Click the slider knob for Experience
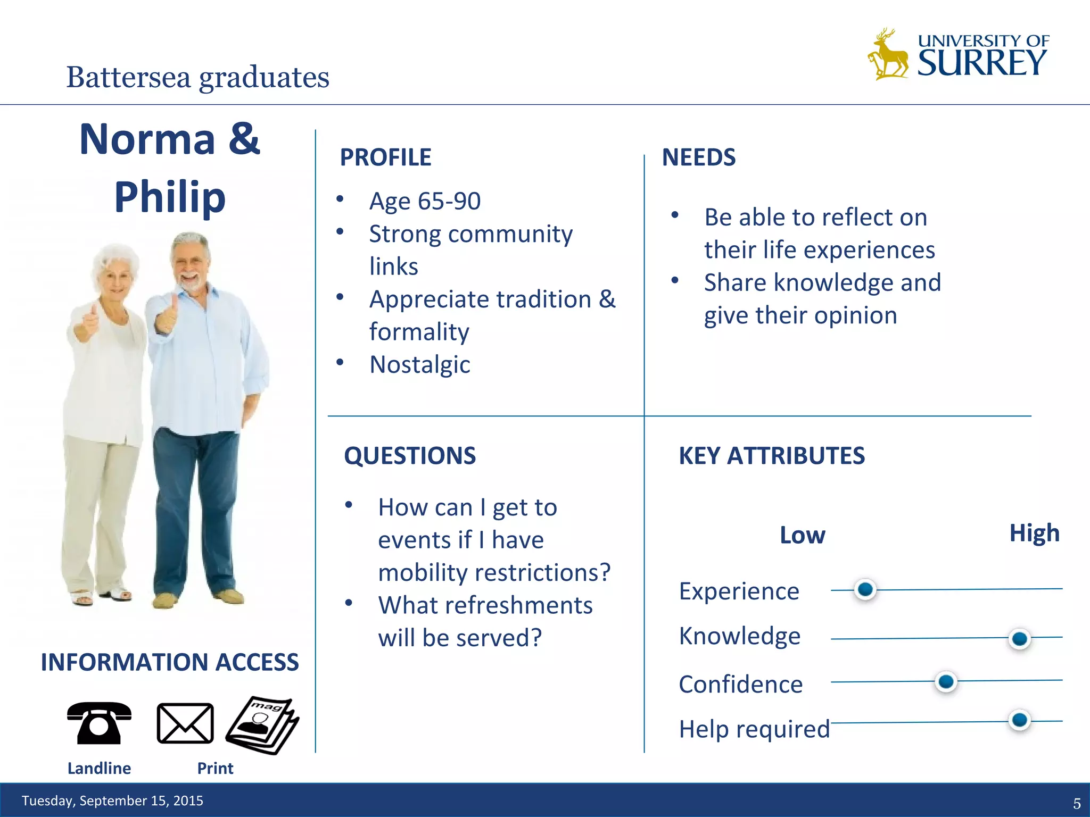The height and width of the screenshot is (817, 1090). pos(865,589)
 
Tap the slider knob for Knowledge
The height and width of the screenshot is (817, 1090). pos(1019,638)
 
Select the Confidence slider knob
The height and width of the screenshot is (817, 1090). pos(946,681)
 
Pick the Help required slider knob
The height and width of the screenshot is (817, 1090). pos(1019,720)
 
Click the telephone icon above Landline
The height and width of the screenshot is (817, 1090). pos(99,723)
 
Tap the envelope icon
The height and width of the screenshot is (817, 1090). pos(185,723)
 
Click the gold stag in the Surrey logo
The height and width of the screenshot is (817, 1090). pos(888,56)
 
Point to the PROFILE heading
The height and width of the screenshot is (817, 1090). pos(385,157)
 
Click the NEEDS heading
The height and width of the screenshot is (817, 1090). pos(698,157)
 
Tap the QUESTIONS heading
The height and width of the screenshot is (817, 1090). pos(410,456)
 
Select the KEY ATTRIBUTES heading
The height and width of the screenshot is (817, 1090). pos(772,456)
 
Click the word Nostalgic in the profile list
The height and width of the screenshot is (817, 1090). pos(419,365)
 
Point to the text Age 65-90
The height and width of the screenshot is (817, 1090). pos(425,201)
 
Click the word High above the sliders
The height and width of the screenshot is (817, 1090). pos(1034,532)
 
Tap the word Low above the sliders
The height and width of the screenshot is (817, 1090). pos(802,535)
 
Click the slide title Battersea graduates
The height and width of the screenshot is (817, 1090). pos(197,77)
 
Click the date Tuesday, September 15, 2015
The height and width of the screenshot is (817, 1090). pos(112,801)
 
